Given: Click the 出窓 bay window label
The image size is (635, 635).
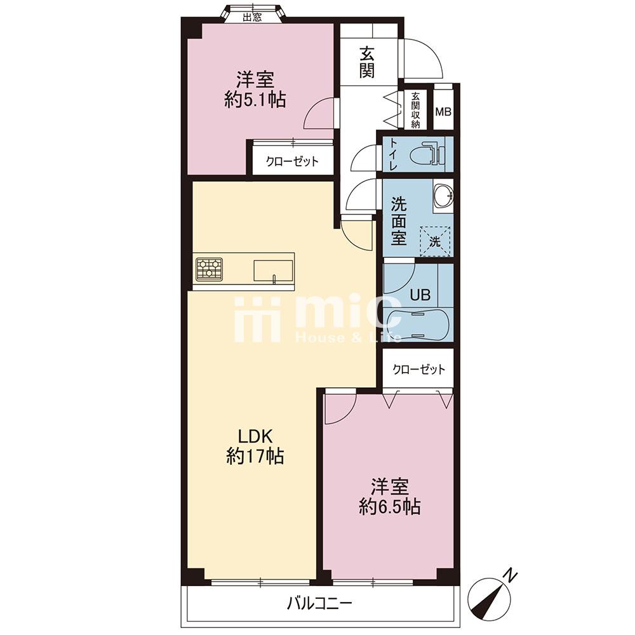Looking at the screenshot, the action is [x=252, y=17].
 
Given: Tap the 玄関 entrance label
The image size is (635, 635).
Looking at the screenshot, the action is [x=367, y=62].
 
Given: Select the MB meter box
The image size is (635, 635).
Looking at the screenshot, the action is [x=443, y=112].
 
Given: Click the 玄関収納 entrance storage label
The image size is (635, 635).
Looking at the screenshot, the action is [x=415, y=110].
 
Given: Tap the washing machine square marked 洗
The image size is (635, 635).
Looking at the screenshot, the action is [x=435, y=241].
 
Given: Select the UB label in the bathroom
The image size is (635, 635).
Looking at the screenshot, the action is [x=420, y=295].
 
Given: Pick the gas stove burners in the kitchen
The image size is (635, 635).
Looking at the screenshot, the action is [x=210, y=269].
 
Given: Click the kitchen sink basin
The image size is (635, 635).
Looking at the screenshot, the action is [x=273, y=270].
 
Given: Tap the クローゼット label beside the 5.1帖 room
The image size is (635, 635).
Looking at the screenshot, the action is [x=292, y=161].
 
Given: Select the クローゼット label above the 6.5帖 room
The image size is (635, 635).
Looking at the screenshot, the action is [x=418, y=370].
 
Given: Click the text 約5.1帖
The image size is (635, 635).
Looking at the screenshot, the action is [x=255, y=100].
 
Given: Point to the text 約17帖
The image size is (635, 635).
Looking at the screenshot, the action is [x=255, y=457].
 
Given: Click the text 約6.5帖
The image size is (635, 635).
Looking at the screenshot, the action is [x=390, y=507].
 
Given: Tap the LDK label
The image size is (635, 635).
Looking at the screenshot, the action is [x=255, y=437].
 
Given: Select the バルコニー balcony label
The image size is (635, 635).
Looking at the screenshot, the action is [x=319, y=605].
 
